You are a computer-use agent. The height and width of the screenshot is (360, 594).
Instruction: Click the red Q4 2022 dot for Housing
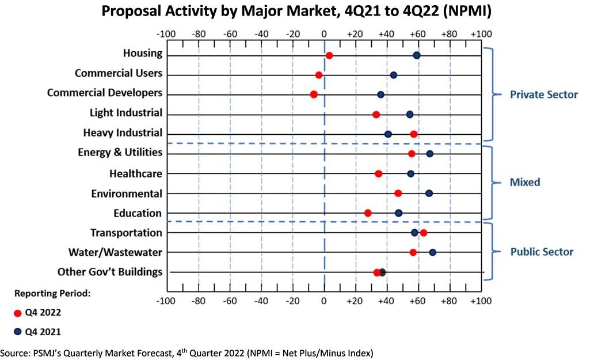[x=329, y=55]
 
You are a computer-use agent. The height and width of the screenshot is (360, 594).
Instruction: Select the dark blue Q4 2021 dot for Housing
[x=417, y=55]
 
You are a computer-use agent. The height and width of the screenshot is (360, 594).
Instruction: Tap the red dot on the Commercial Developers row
[x=314, y=94]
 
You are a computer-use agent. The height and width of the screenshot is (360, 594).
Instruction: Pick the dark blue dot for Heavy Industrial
[x=388, y=134]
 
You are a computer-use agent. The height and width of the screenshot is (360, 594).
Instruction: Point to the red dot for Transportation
[x=424, y=233]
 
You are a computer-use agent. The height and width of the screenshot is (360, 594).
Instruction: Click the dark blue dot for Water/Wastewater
[x=433, y=252]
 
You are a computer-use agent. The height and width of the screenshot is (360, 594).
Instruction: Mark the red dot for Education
[x=368, y=213]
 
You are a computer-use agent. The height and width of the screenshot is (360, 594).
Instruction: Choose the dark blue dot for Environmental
[x=429, y=194]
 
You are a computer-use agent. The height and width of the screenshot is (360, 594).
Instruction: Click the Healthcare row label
[x=135, y=173]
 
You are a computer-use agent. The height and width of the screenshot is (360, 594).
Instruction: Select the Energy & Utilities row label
[x=120, y=153]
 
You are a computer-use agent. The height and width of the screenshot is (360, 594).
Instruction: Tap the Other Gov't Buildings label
[x=110, y=271]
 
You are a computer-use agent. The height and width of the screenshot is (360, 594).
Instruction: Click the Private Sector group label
[x=543, y=94]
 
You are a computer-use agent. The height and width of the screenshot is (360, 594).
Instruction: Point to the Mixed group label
[x=525, y=182]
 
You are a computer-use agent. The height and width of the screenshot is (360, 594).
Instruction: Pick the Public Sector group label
[x=542, y=252]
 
